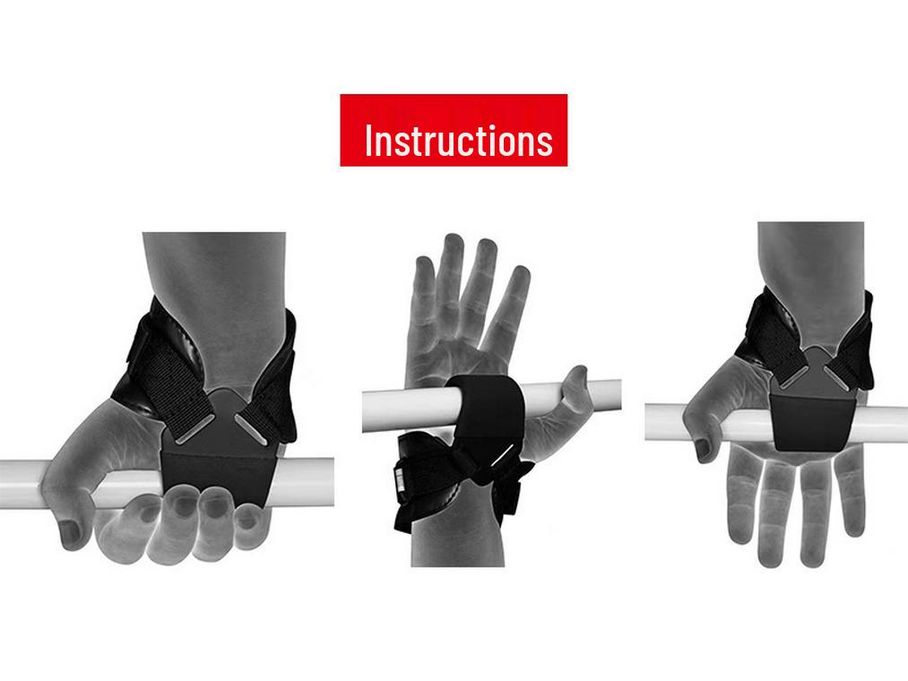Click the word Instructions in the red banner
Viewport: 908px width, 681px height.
[x=458, y=141]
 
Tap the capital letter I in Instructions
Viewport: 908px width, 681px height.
[x=369, y=141]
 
